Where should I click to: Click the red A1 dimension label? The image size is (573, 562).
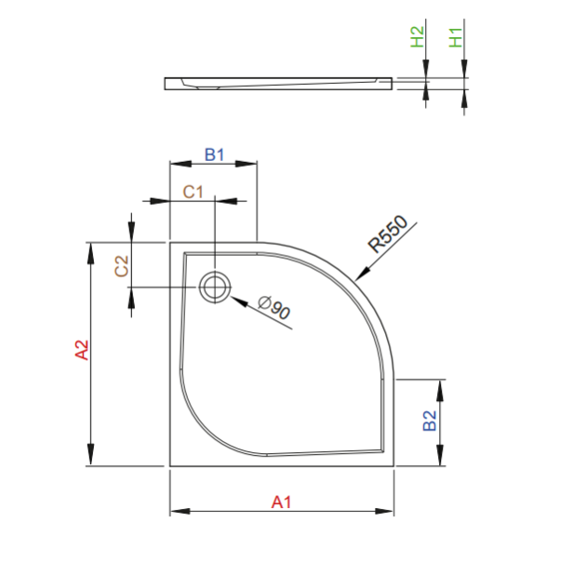click(x=282, y=502)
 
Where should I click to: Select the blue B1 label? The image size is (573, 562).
click(x=214, y=154)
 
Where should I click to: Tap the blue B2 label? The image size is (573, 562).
click(x=430, y=421)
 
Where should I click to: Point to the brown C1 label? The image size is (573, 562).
click(x=193, y=192)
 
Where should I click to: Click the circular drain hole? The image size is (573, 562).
click(x=214, y=287)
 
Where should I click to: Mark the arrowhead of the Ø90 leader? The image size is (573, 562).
click(x=233, y=299)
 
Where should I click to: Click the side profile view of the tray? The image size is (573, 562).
click(x=279, y=83)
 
